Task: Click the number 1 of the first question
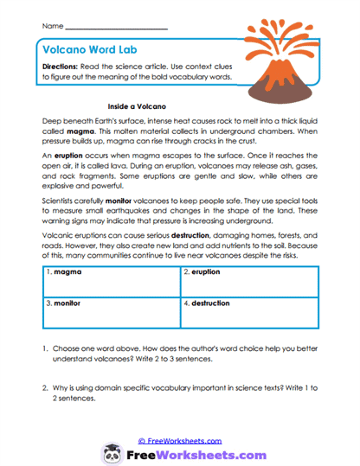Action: tap(45, 354)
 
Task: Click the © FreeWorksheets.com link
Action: tap(179, 440)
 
